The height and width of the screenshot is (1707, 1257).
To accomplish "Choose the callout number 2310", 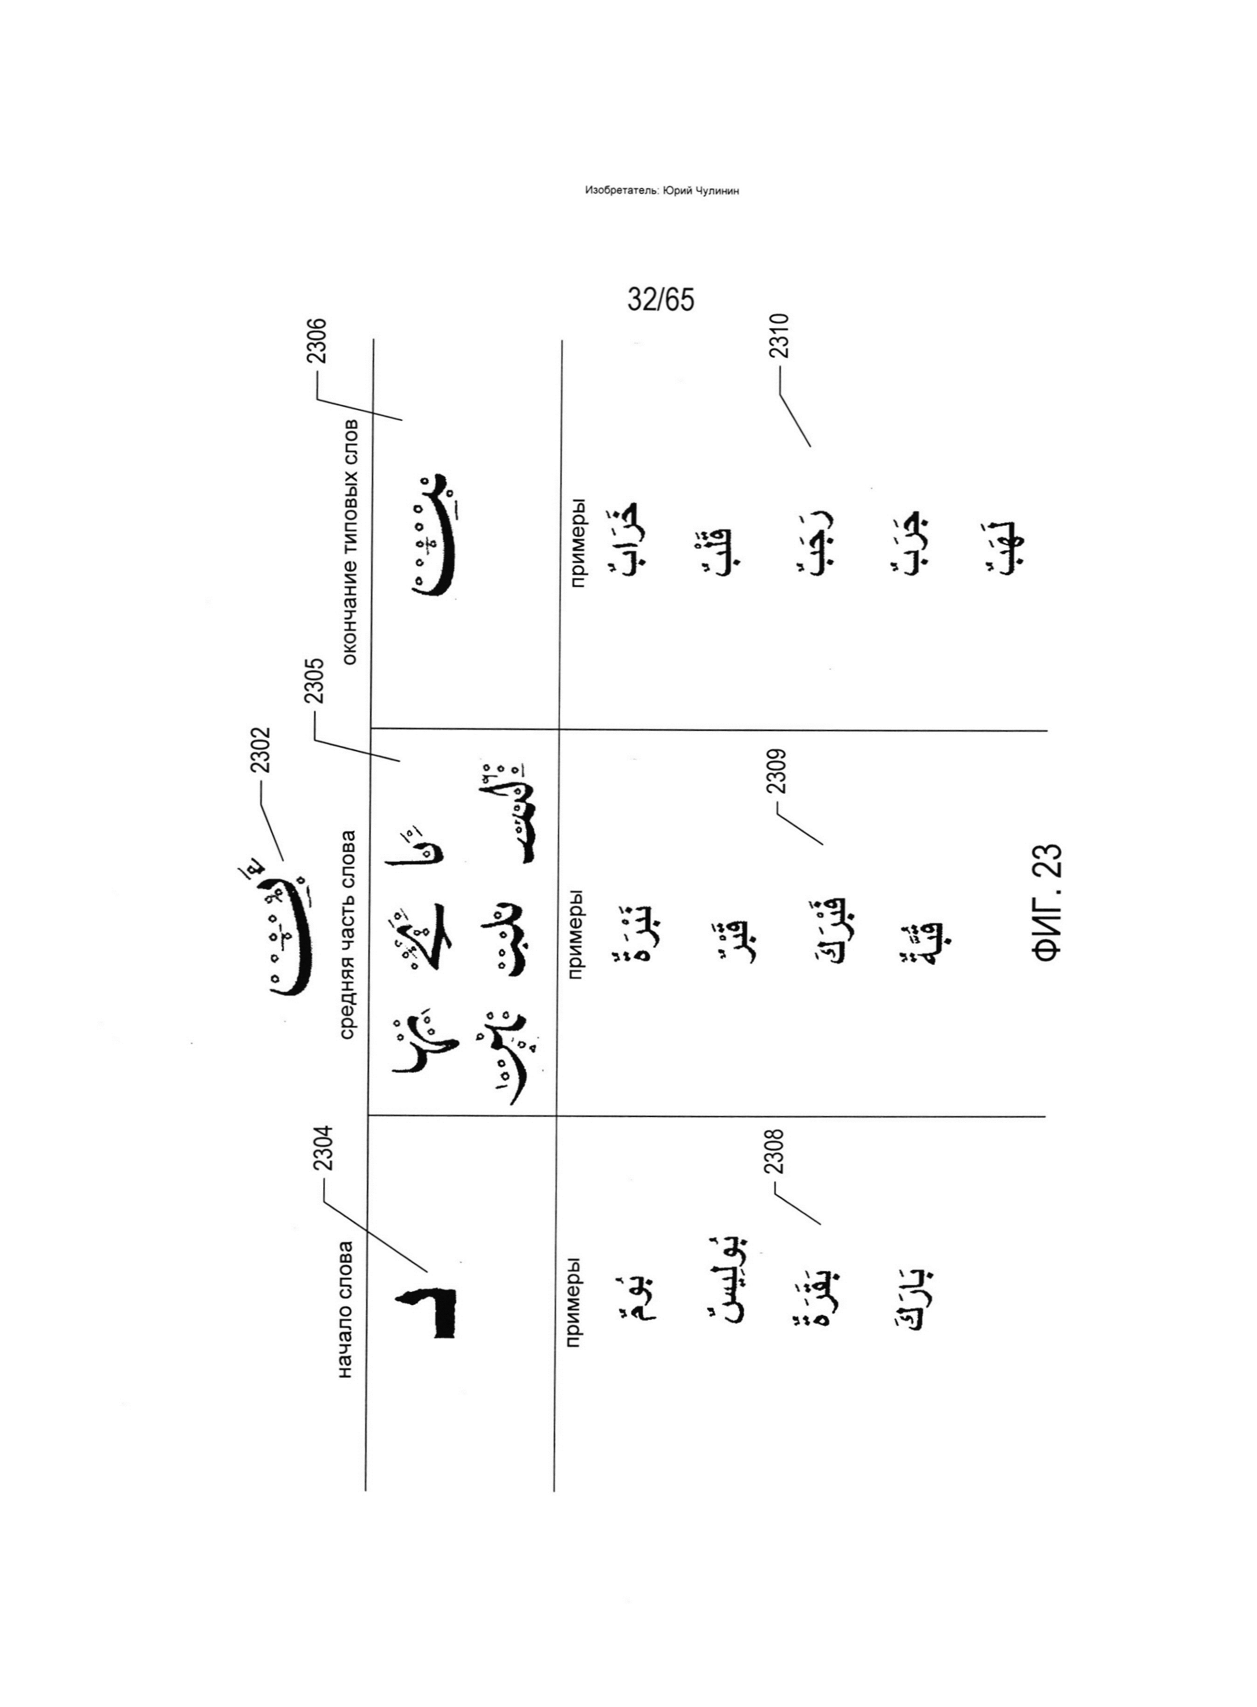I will point(779,336).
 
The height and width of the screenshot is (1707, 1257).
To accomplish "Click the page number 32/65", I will point(660,300).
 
